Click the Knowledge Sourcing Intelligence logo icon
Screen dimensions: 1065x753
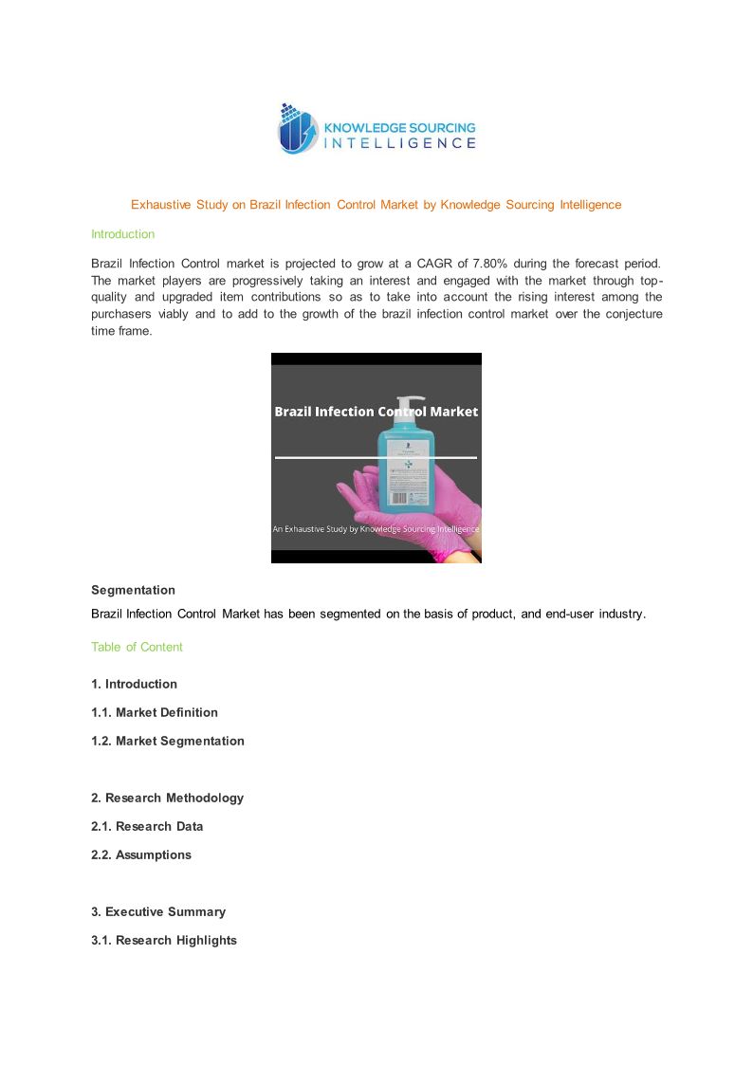296,130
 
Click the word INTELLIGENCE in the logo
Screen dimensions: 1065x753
400,143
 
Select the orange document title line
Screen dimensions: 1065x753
376,205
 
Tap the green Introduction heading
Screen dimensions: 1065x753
122,234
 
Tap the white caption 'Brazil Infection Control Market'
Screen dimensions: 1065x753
376,412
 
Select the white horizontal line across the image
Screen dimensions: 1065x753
322,457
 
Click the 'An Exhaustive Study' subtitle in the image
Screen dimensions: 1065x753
376,529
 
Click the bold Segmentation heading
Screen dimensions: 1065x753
133,590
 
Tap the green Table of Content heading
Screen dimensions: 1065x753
137,647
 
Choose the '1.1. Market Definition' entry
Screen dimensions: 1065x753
155,712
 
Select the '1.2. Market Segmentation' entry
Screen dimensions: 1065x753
168,741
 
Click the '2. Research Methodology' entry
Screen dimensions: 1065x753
167,798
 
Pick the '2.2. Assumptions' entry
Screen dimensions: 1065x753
141,854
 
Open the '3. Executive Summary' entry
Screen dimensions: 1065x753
158,911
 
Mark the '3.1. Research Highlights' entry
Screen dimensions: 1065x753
164,940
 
